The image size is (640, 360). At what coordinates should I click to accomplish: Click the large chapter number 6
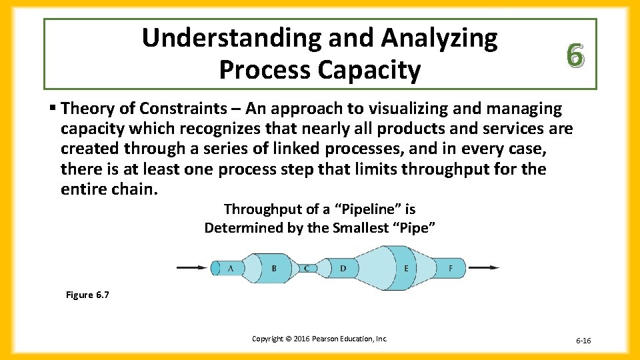(578, 54)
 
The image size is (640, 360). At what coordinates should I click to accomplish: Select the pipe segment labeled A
(229, 268)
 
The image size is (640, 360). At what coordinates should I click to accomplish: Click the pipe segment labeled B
(273, 268)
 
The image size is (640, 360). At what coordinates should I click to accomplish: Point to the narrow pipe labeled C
(306, 268)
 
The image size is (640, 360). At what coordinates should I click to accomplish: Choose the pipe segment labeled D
(343, 268)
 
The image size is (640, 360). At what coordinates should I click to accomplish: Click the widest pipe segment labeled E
(405, 268)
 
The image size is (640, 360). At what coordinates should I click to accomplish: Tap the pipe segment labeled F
(451, 268)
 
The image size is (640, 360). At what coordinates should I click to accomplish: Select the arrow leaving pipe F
(485, 268)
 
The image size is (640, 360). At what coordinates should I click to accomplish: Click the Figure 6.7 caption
(87, 295)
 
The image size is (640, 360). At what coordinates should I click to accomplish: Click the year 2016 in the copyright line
(301, 339)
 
